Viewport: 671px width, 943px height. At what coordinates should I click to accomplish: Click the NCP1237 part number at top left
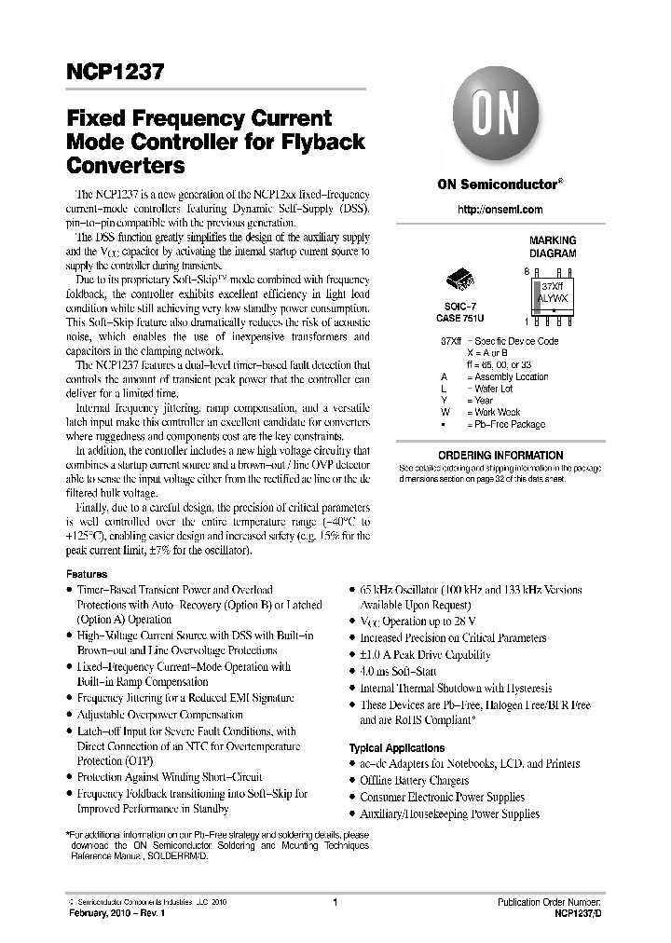tap(115, 72)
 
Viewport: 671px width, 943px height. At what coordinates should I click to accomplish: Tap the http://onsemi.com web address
tap(500, 210)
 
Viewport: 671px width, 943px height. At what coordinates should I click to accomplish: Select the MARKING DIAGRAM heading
tap(553, 247)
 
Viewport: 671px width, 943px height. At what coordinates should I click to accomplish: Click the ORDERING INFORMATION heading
tap(499, 456)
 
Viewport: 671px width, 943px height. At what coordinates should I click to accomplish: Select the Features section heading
tap(87, 575)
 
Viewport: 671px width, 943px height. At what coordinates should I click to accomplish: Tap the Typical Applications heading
tap(396, 748)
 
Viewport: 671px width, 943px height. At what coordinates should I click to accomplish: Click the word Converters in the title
tap(126, 167)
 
